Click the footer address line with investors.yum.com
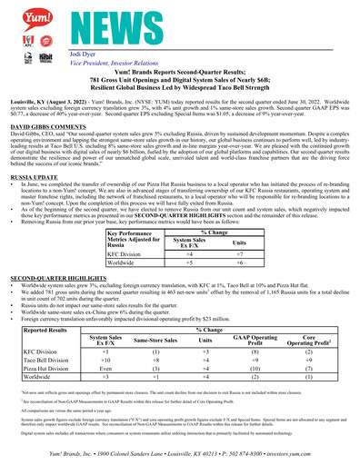[x=180, y=452]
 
